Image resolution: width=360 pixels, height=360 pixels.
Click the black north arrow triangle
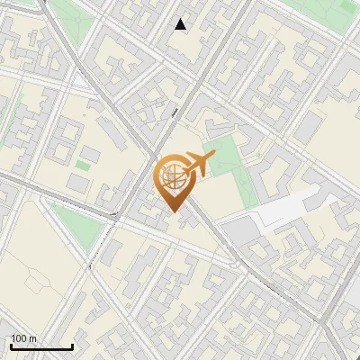[x=181, y=23]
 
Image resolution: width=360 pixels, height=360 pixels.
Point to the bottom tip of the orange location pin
[x=173, y=212]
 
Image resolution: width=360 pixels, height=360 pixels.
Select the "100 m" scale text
[x=23, y=338]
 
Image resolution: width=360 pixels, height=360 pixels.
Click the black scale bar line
[x=41, y=346]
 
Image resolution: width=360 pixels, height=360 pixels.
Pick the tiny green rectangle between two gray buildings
[x=83, y=166]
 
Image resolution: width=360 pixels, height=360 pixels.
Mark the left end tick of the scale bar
[x=11, y=346]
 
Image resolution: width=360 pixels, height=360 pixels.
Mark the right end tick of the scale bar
[x=72, y=346]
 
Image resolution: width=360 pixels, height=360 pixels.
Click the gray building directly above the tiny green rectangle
[x=90, y=153]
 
